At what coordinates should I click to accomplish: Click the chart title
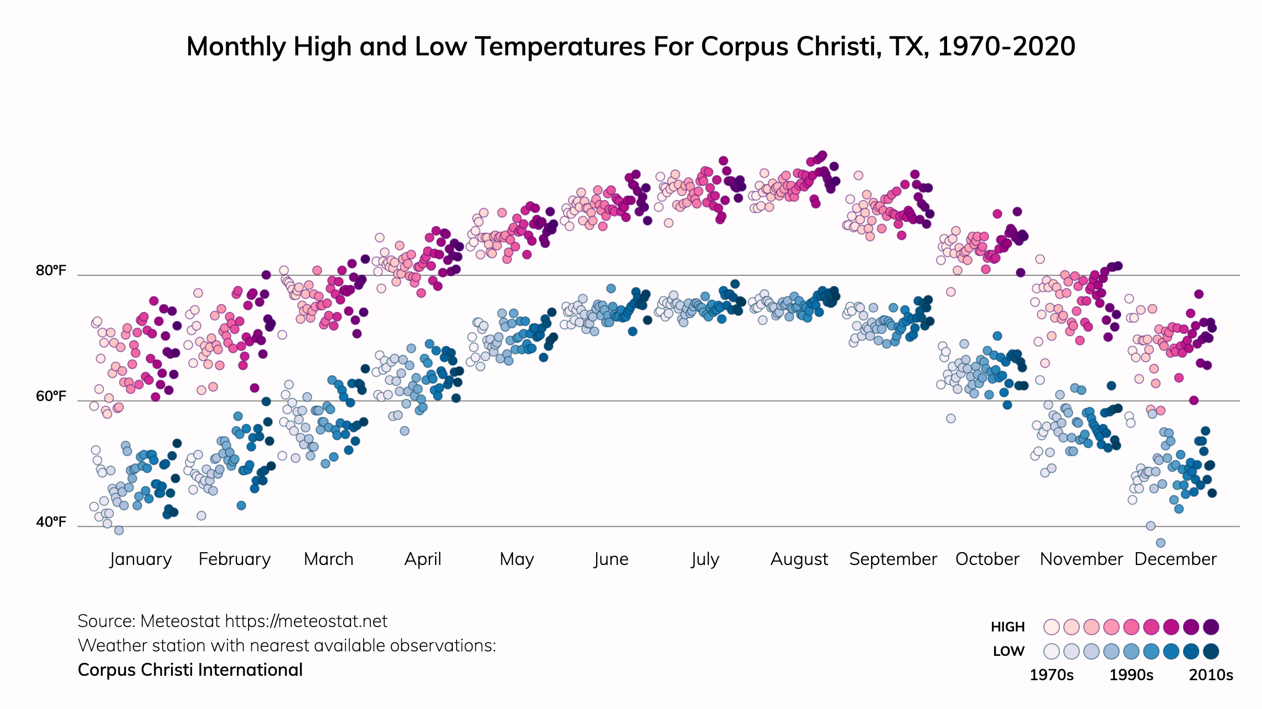coord(630,47)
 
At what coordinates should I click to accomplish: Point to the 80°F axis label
coord(51,271)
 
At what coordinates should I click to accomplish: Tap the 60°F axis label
coord(51,397)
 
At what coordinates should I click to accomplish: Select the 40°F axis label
coord(51,522)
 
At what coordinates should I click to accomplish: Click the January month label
coord(141,559)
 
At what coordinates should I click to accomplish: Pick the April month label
coord(423,559)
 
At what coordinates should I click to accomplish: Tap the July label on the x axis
coord(705,559)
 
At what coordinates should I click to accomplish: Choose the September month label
coord(893,559)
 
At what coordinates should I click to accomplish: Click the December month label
coord(1175,559)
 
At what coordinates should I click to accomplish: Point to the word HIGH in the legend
coord(1007,627)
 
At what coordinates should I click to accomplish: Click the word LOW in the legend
coord(1008,651)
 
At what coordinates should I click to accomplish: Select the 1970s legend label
coord(1051,675)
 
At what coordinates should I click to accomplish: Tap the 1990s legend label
coord(1131,675)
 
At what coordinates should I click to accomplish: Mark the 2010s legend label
coord(1211,675)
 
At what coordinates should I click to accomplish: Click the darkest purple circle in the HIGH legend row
coord(1211,627)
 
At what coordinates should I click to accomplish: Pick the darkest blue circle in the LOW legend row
coord(1211,651)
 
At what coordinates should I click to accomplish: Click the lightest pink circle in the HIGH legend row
coord(1051,627)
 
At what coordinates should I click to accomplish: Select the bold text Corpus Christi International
coord(190,670)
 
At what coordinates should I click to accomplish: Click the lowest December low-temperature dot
coord(1161,543)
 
